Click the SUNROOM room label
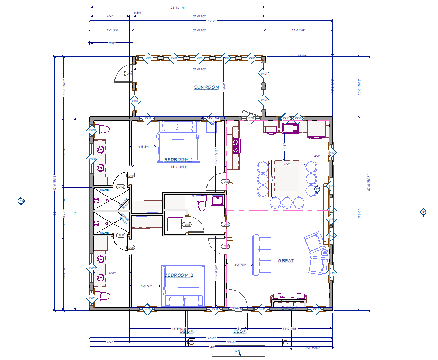point(206,87)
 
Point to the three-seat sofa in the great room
point(261,255)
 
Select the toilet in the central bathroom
point(202,204)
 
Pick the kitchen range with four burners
point(236,146)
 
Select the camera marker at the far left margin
point(21,201)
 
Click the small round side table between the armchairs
point(324,253)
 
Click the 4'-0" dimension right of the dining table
point(316,156)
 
